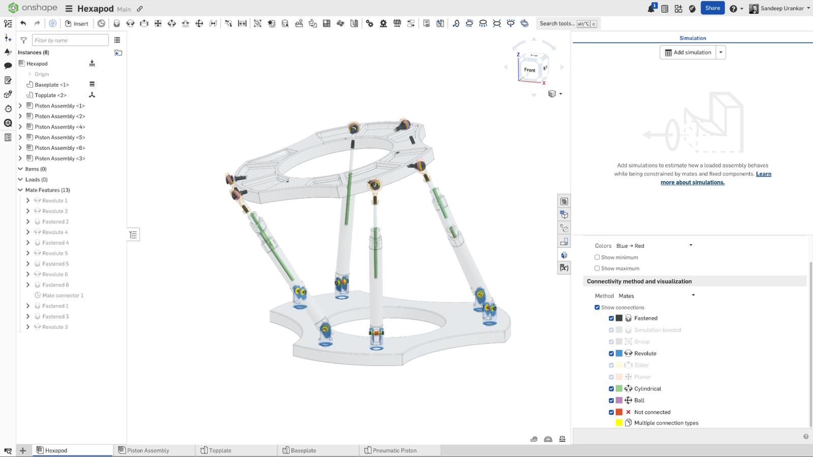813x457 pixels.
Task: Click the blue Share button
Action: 712,8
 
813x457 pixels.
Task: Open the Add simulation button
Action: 687,52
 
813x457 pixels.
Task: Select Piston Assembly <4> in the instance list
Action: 59,127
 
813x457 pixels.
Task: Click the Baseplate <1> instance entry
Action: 51,85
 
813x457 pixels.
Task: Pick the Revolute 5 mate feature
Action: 55,253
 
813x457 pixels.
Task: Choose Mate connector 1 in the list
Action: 62,296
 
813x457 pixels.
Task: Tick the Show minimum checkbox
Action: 597,257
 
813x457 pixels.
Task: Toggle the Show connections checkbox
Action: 597,307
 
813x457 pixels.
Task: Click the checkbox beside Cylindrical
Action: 611,388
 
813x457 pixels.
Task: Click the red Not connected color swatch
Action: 619,412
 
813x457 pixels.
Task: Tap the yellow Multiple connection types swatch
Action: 619,423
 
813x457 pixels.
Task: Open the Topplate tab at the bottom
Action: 220,450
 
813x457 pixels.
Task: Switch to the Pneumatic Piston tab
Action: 394,450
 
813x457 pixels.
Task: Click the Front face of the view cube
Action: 529,70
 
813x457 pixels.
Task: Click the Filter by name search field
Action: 70,40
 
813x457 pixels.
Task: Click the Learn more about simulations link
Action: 693,182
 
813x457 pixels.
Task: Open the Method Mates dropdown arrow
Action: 693,296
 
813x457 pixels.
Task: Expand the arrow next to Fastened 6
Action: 28,285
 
